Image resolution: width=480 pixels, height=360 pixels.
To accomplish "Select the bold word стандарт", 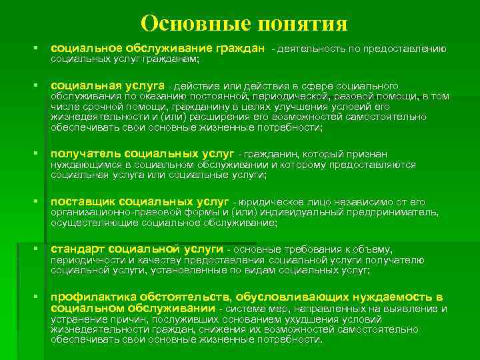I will point(77,249).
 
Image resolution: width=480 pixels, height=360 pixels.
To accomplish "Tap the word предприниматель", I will point(395,212).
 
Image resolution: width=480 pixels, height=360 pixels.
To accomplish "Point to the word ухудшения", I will point(299,320).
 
